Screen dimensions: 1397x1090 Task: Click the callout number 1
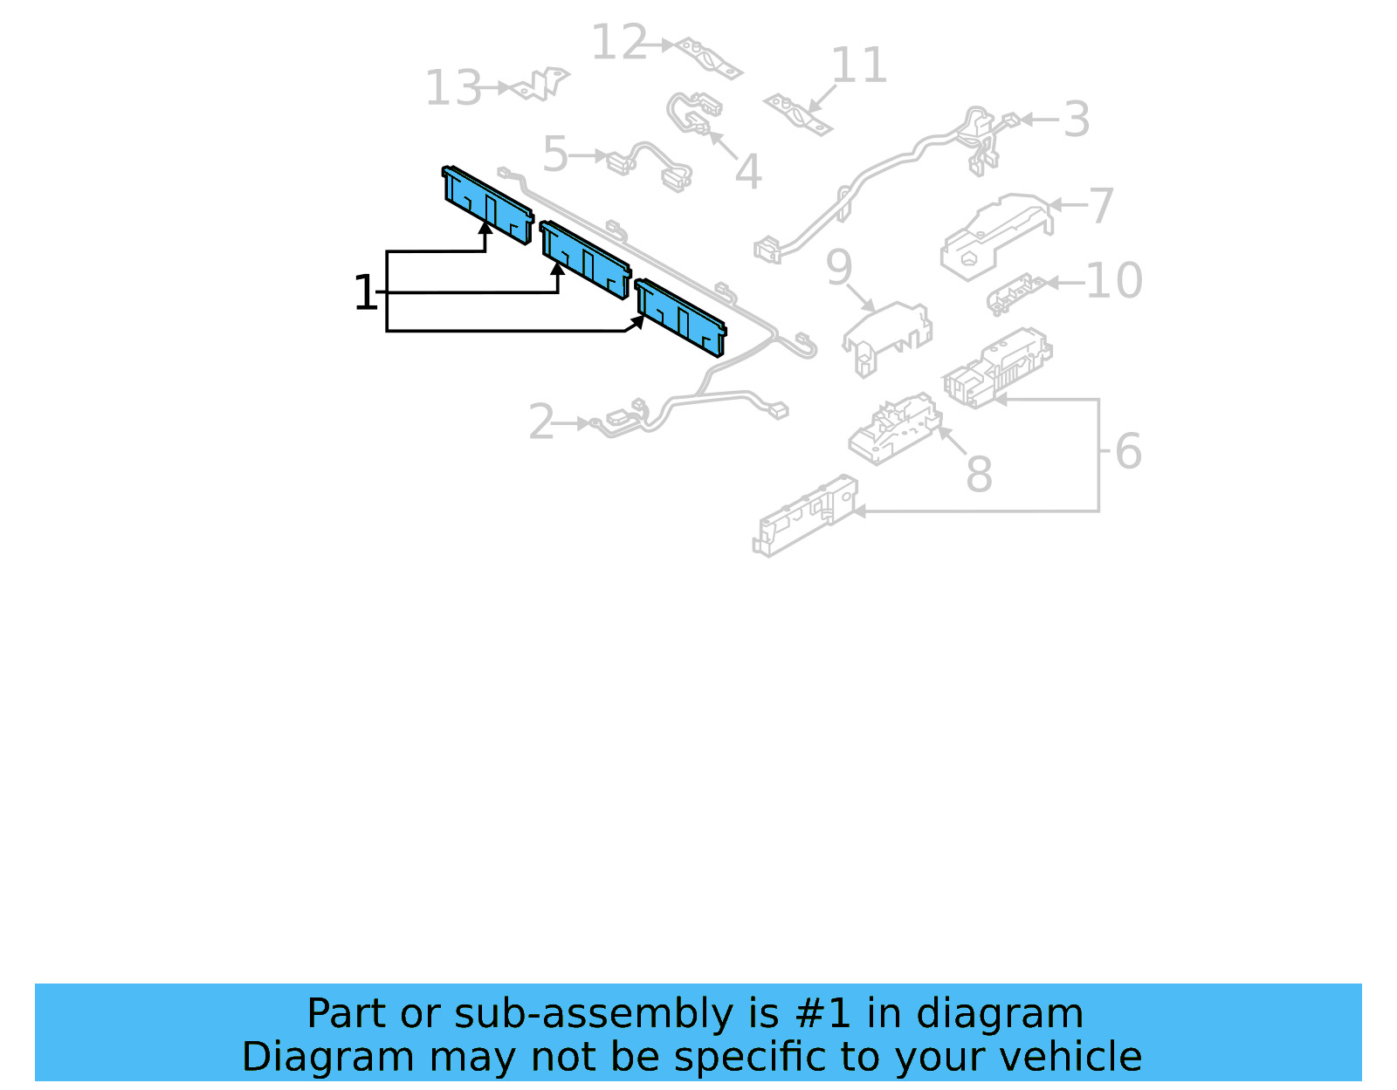pos(365,293)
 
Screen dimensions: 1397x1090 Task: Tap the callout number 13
pos(453,88)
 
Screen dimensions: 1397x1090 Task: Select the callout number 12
pos(618,43)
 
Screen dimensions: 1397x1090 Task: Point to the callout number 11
pos(859,65)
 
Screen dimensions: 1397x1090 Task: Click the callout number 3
pos(1077,120)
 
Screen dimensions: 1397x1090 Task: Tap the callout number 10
pos(1114,281)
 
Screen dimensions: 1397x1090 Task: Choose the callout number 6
pos(1128,451)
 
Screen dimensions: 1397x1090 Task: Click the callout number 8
pos(979,475)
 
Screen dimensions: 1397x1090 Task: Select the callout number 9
pos(839,267)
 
